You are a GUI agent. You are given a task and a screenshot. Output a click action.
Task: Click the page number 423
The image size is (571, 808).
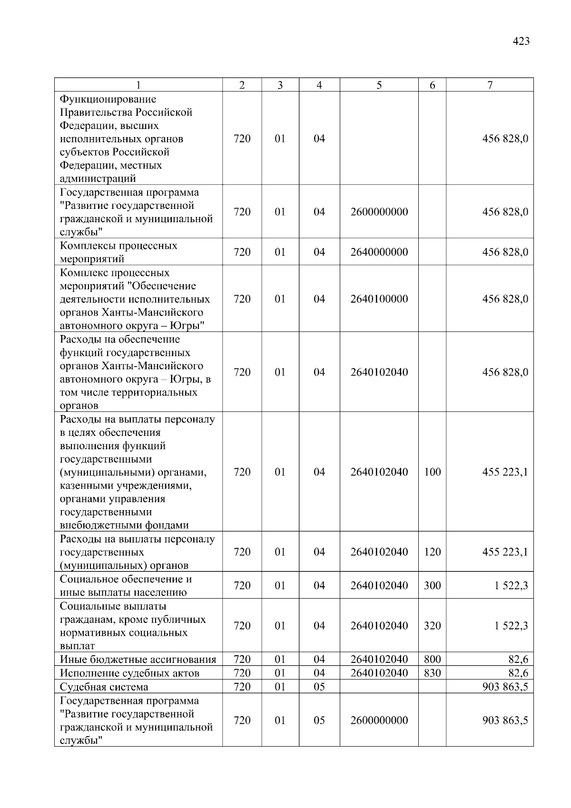pos(521,41)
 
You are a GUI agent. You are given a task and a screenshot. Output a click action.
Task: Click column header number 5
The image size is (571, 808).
pos(379,85)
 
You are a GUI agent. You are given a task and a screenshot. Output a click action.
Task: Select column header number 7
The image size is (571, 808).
pos(490,85)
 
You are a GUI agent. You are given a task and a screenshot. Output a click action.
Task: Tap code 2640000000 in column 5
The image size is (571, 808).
pos(379,252)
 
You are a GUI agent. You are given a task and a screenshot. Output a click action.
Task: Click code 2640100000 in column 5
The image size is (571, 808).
pos(379,299)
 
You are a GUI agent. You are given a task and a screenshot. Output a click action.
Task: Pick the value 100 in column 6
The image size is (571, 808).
pos(432,472)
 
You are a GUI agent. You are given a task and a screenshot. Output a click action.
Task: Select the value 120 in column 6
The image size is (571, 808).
pos(432,552)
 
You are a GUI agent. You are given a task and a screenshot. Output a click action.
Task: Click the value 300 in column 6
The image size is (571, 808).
pos(432,586)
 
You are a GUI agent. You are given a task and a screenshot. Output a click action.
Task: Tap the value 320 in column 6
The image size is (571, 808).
pos(432,626)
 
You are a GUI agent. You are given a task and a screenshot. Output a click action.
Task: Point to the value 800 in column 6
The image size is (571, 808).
pos(432,660)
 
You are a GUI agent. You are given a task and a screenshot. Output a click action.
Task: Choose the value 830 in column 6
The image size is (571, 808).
pos(432,673)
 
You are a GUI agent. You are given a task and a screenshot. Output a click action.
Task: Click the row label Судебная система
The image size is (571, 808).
pos(104,687)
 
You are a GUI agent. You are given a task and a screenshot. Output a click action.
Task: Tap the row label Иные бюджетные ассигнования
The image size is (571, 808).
pos(138,660)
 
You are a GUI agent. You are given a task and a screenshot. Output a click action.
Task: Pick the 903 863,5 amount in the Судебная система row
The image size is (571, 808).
pos(505,687)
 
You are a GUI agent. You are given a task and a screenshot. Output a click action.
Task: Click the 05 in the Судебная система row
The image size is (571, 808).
pos(319,687)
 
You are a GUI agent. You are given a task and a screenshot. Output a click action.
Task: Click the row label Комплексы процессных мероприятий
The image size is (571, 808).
pos(118,252)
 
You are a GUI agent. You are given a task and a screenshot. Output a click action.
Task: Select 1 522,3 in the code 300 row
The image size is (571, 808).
pos(511,586)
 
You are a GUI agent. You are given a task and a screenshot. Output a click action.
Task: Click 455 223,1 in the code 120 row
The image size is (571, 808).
pos(505,552)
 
